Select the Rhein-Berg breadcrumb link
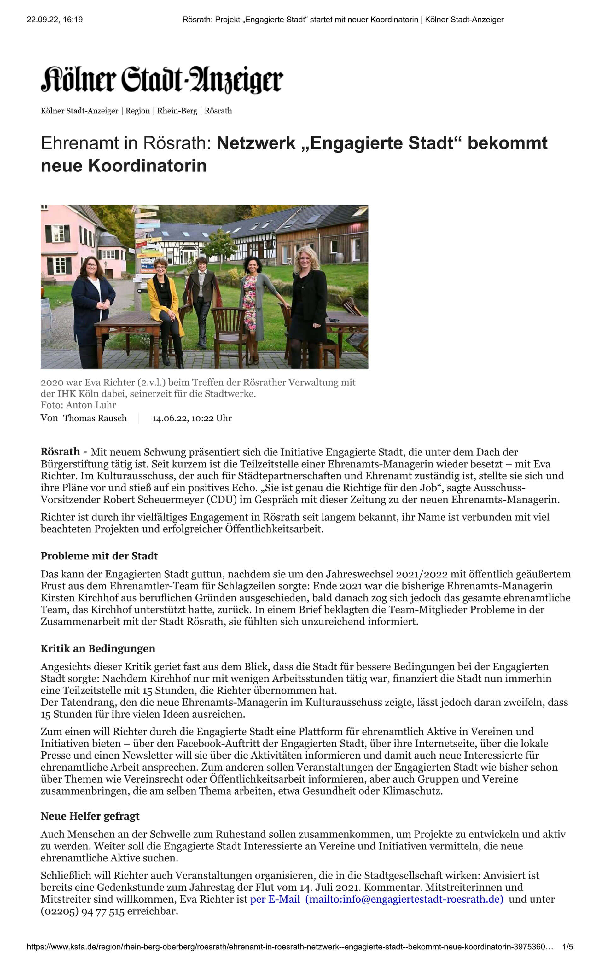177,111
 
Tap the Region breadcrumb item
137,111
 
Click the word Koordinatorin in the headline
147,165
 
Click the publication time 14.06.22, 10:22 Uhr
192,418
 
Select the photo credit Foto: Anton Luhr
78,405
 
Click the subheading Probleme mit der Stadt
99,556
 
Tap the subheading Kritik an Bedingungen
98,648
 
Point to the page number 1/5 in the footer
567,947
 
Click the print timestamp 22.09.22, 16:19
55,20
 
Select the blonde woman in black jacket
308,301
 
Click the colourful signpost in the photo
147,241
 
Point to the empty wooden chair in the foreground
229,329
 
